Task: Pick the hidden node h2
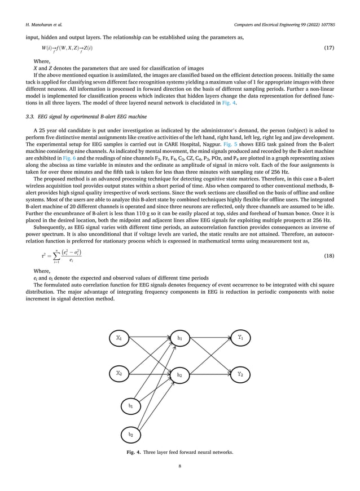point(179,374)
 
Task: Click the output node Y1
point(240,338)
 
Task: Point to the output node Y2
point(240,373)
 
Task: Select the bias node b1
point(131,404)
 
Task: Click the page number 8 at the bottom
point(180,467)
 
